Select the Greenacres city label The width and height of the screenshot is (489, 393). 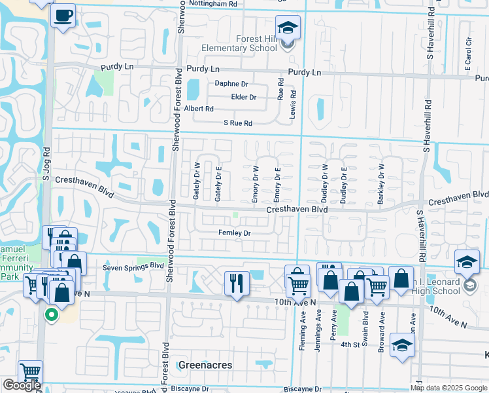[x=205, y=365]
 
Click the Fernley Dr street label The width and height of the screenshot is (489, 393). [x=235, y=233]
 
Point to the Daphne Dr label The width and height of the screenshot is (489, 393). [x=231, y=84]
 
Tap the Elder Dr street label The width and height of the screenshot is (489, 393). [x=243, y=97]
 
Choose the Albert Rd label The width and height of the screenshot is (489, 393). [x=199, y=109]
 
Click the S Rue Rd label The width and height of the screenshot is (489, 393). [x=237, y=123]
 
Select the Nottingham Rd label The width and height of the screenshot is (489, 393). [x=212, y=3]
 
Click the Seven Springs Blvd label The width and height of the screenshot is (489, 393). [x=133, y=267]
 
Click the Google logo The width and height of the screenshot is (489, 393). [x=22, y=385]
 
